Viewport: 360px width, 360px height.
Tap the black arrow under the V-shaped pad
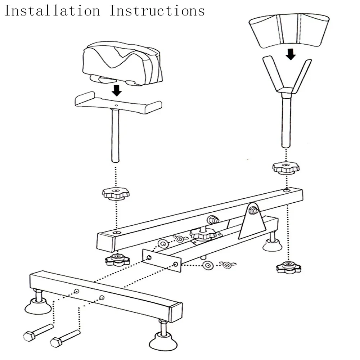pos(291,54)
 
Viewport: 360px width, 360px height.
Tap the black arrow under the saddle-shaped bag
pos(116,91)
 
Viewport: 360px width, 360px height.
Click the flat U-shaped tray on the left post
pos(117,103)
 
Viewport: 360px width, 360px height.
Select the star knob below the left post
pos(116,194)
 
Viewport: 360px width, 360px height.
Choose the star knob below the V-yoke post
pos(286,167)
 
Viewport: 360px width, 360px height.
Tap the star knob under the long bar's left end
pos(117,259)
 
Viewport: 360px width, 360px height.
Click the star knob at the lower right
pos(289,267)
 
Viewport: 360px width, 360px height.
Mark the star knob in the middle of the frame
pos(203,234)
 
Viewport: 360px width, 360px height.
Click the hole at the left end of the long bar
pos(116,233)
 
